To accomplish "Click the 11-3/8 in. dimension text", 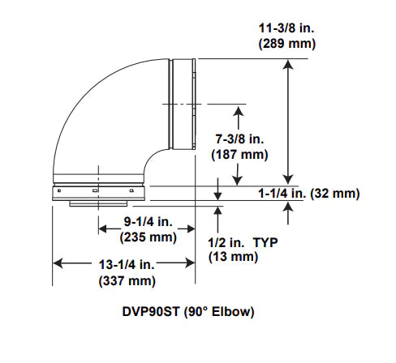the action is click(286, 28).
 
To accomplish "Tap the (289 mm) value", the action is click(287, 44).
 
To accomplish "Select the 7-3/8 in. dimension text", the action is click(239, 139).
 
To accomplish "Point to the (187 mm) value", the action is click(239, 155).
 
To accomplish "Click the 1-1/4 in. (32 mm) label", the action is click(309, 194).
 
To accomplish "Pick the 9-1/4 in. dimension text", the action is click(148, 221).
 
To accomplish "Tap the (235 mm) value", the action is click(148, 237).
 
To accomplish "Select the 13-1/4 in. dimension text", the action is click(127, 264).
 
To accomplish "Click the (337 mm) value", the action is click(127, 280).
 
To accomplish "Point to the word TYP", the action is click(265, 242).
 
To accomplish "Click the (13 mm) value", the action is click(233, 257).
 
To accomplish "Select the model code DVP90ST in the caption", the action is click(151, 311).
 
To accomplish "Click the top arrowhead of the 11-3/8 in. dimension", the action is click(288, 64).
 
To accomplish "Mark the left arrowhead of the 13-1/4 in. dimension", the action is click(58, 263).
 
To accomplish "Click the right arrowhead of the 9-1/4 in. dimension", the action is click(190, 229).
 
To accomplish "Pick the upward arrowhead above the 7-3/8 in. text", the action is click(238, 112).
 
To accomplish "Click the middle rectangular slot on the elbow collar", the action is click(95, 190).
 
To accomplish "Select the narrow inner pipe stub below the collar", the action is click(98, 203).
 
